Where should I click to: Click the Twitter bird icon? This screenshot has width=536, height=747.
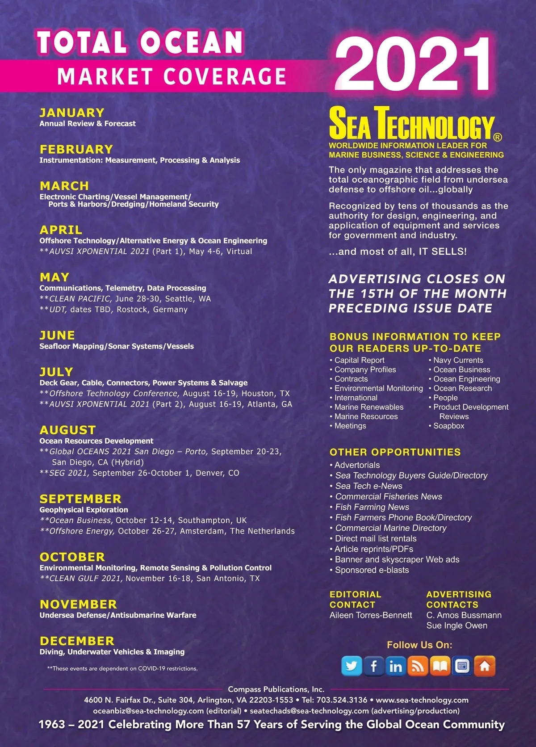pos(352,666)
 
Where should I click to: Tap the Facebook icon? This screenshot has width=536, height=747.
pos(373,666)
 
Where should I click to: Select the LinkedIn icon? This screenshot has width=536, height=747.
pos(396,666)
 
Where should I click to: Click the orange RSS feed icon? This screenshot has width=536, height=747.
pos(418,666)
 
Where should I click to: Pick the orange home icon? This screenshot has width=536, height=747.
pos(485,666)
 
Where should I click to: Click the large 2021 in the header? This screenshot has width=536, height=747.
pos(413,64)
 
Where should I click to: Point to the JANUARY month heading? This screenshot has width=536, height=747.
pos(72,113)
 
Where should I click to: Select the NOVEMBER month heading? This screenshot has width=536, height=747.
pos(78,604)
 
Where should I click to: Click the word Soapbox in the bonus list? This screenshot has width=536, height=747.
pos(448,426)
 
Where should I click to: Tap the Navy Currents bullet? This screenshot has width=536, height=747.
pos(458,360)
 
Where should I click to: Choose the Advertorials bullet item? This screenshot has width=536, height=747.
pos(357,465)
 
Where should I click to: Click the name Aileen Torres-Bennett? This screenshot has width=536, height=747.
pos(371,615)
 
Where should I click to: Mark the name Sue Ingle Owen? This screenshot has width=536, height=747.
pos(456,625)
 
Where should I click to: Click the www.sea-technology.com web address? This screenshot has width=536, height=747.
pos(422,700)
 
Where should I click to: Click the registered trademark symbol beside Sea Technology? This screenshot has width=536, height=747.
pos(497,137)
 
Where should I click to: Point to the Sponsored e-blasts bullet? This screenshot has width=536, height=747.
pos(372,570)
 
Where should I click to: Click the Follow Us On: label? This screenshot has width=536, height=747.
pos(419,645)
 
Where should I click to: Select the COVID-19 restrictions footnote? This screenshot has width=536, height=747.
pos(122,669)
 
